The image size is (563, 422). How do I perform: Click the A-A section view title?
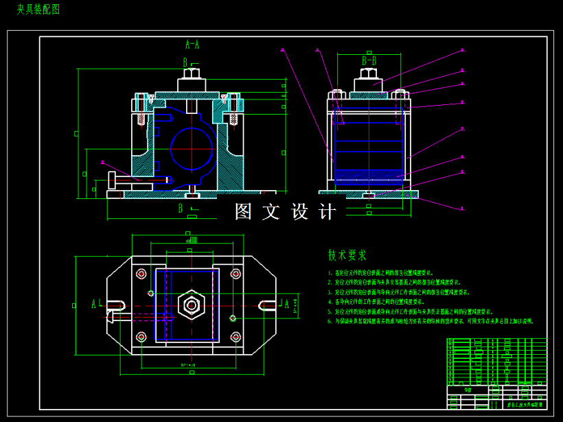click(x=192, y=45)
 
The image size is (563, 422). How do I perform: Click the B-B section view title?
click(x=369, y=61)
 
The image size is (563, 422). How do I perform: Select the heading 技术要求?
click(x=347, y=255)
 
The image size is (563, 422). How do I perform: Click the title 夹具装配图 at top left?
click(x=38, y=9)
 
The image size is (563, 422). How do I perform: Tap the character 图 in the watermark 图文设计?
click(x=244, y=211)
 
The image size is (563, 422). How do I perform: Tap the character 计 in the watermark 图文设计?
click(x=329, y=211)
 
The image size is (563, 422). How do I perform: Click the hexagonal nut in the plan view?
click(x=191, y=304)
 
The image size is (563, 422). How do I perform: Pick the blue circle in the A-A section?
click(x=192, y=148)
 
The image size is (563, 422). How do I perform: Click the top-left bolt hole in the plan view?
click(x=141, y=274)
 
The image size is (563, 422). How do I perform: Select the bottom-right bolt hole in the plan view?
click(x=235, y=337)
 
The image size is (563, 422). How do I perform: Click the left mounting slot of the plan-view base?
click(x=115, y=305)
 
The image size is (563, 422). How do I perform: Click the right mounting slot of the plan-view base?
click(x=268, y=305)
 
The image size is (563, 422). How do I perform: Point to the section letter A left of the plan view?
click(x=94, y=304)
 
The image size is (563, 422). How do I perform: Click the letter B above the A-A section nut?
click(x=185, y=62)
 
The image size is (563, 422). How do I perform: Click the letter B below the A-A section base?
click(x=181, y=208)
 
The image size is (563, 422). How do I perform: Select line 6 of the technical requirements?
click(x=430, y=320)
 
